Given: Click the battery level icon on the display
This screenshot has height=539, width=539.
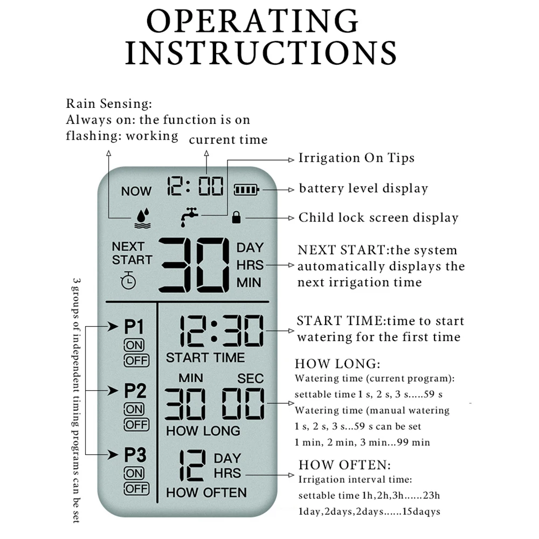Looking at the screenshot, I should click(246, 190).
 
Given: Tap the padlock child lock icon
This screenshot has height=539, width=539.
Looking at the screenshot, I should click(236, 218).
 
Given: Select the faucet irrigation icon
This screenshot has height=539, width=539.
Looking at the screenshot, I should click(189, 216).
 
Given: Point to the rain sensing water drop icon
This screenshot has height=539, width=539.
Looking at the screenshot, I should click(142, 217).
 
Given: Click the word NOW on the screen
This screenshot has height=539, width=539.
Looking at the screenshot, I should click(136, 191).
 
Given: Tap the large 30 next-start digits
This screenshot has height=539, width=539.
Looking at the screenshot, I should click(194, 265).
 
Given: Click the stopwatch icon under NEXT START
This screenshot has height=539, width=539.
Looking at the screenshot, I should click(128, 280).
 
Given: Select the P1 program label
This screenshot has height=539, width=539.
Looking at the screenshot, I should click(134, 327).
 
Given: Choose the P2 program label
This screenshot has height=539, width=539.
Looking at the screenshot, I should click(135, 391).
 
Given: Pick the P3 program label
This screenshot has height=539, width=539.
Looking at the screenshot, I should click(135, 455).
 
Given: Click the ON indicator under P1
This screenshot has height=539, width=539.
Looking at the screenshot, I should click(134, 345).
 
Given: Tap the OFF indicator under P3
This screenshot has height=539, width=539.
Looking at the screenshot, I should click(136, 489).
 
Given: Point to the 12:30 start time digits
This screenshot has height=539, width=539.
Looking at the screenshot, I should click(222, 331).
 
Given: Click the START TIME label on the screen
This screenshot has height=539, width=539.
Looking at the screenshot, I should click(205, 357).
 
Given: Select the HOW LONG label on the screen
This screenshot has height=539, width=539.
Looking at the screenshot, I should click(203, 431).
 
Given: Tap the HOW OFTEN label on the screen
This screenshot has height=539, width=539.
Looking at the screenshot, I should click(206, 492).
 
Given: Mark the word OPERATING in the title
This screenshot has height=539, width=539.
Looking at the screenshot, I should click(253, 22).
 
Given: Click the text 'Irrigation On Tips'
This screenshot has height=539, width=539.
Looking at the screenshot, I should click(356, 158).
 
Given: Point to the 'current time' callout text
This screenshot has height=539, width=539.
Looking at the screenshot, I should click(228, 140).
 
